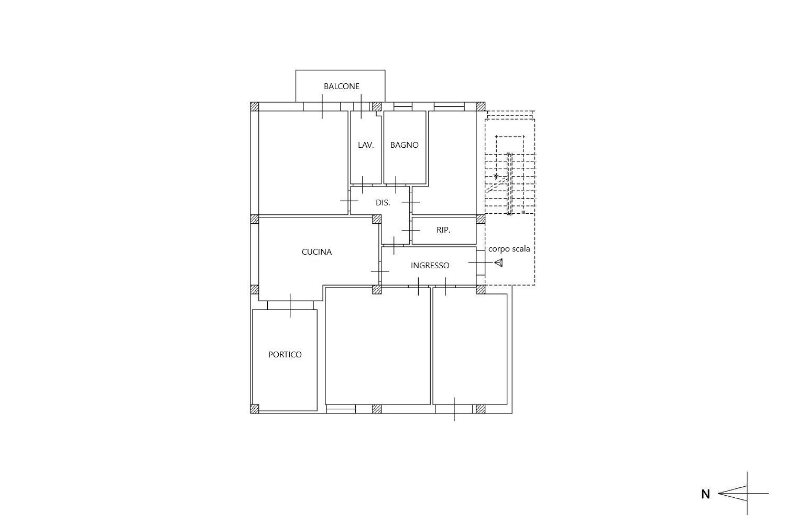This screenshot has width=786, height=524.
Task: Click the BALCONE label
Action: coord(342,86)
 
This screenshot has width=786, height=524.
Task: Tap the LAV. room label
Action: coord(366,145)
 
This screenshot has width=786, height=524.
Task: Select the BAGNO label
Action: coord(404,145)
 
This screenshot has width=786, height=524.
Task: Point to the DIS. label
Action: coord(383,203)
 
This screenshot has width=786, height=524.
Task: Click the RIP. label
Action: coord(443,230)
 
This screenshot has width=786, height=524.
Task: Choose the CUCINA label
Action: coord(316,252)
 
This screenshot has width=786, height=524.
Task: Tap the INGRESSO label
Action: coord(430,266)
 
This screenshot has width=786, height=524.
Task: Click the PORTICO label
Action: coord(285,355)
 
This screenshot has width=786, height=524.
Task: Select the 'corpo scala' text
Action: coord(509,249)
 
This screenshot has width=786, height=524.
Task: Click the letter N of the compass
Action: coord(705,495)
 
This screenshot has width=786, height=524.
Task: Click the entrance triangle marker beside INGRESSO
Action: coord(499,263)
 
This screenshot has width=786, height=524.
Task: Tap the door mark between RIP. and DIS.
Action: coord(410,231)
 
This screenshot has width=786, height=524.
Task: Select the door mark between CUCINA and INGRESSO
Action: coord(380,271)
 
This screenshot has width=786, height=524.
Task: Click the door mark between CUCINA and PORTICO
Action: coord(290,305)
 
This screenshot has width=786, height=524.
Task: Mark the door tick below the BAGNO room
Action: coord(396,185)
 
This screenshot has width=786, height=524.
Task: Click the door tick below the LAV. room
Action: coord(362,185)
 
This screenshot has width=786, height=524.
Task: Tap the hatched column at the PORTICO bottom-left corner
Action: coord(255,409)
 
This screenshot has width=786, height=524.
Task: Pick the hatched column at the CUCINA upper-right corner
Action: coord(377,220)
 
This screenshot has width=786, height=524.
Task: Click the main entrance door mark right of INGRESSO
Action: coord(481,263)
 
